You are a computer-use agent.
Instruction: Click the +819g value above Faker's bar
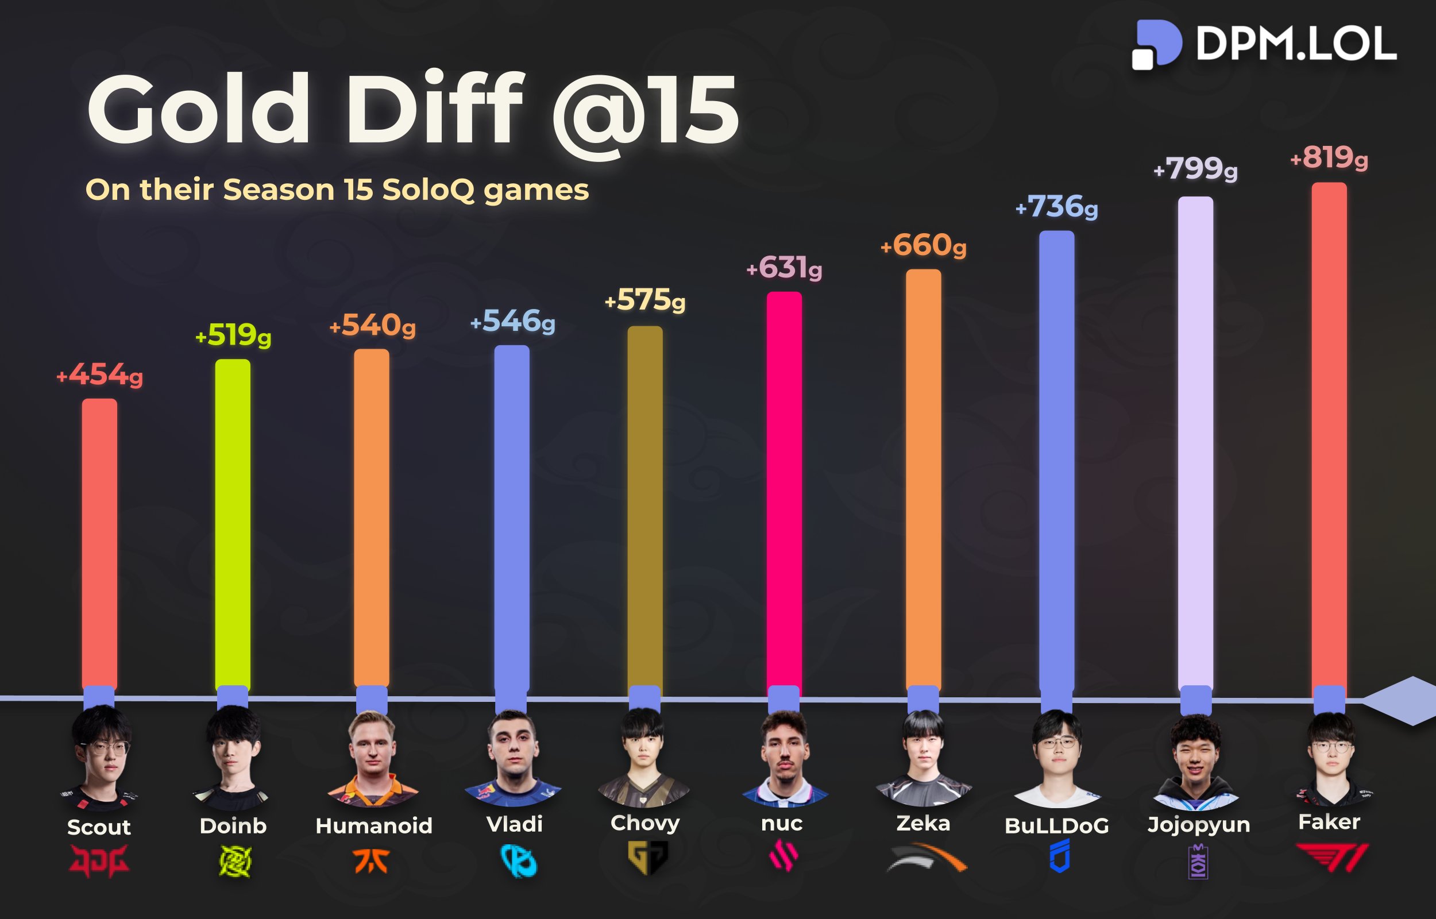point(1329,158)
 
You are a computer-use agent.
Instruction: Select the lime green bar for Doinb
point(233,525)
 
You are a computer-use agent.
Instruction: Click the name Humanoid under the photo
point(373,825)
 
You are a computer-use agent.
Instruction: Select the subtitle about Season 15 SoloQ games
point(337,190)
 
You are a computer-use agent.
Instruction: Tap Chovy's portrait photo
point(643,756)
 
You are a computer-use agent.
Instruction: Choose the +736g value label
point(1056,207)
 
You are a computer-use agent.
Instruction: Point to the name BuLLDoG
point(1056,826)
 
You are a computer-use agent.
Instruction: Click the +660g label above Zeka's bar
point(924,245)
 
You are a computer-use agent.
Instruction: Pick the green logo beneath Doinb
point(234,862)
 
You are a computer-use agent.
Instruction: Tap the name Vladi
point(514,824)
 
